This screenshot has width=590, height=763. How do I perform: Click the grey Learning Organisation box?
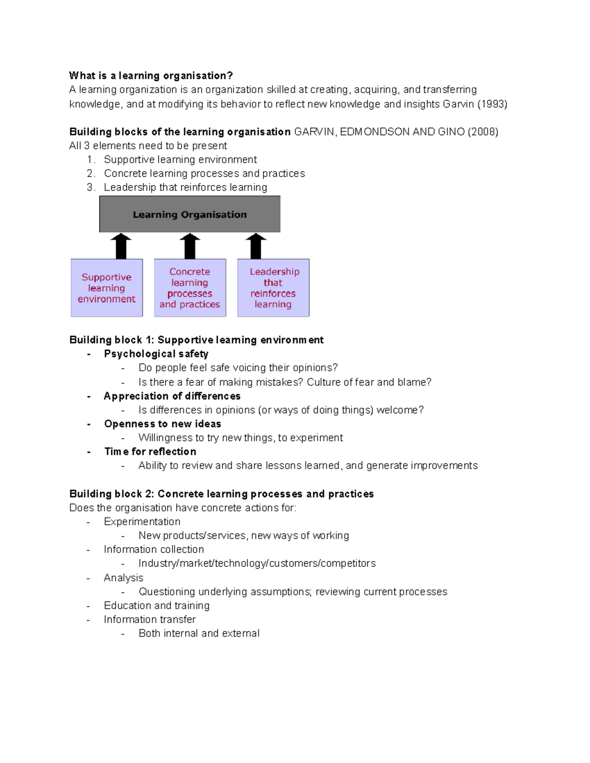190,214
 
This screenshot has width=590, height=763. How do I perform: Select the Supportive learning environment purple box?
107,288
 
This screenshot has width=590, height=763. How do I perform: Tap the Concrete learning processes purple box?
190,288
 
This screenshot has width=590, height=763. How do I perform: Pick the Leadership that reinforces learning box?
273,288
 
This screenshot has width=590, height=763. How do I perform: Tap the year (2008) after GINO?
483,132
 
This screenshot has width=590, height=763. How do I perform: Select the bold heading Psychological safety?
156,354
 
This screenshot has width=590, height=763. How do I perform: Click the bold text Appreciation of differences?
172,396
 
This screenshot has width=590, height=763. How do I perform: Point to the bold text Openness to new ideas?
162,424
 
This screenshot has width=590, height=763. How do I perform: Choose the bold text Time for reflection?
150,452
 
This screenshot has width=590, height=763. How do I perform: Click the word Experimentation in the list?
142,522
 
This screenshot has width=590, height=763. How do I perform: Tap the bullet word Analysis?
123,578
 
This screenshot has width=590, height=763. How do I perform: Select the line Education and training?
156,606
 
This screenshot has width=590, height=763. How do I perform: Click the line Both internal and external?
199,633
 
